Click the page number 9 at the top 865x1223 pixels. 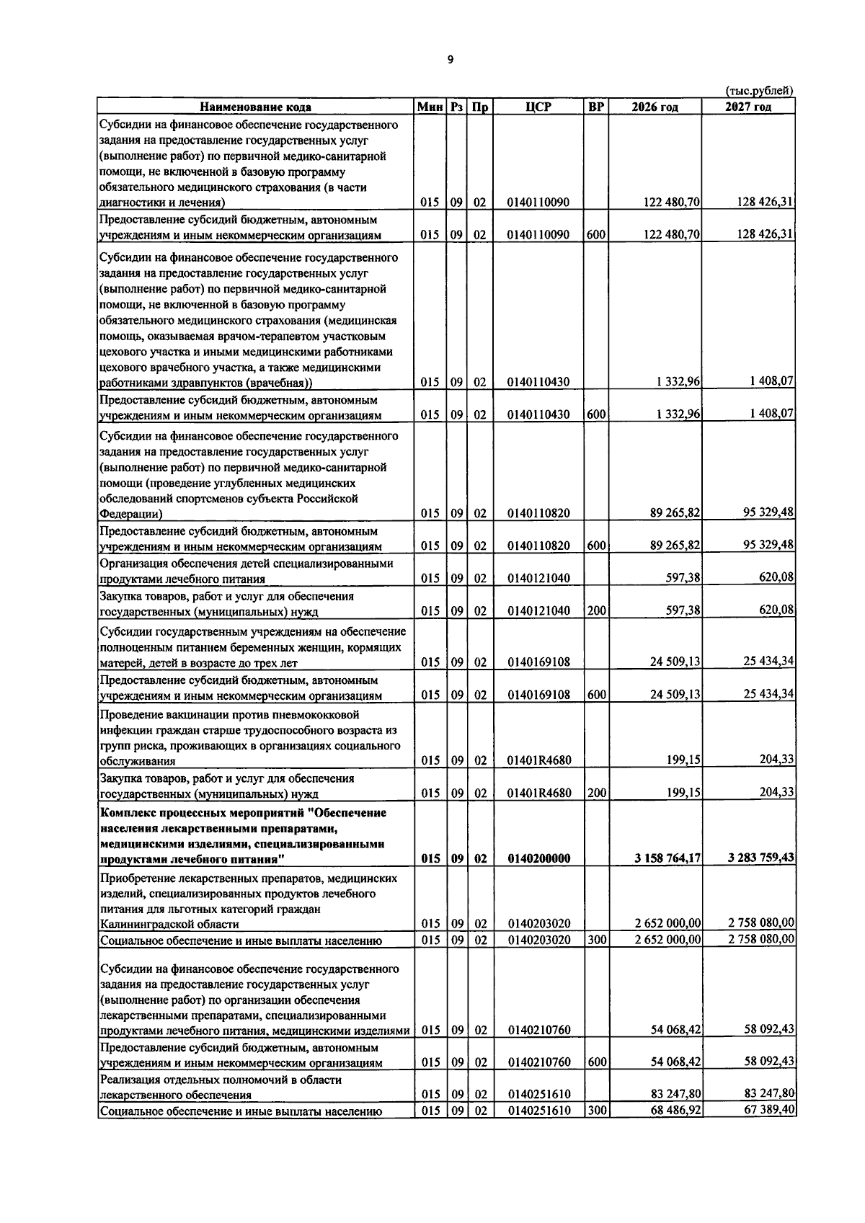pyautogui.click(x=451, y=61)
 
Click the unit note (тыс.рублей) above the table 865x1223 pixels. pyautogui.click(x=758, y=91)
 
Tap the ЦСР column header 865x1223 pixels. pyautogui.click(x=538, y=107)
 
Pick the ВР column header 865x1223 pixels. pyautogui.click(x=596, y=107)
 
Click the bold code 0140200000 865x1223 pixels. pyautogui.click(x=538, y=858)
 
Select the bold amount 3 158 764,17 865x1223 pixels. pyautogui.click(x=667, y=858)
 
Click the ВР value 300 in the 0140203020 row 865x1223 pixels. pyautogui.click(x=596, y=940)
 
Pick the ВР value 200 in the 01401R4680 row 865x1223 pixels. pyautogui.click(x=596, y=793)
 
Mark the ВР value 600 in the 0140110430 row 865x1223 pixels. pyautogui.click(x=596, y=414)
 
